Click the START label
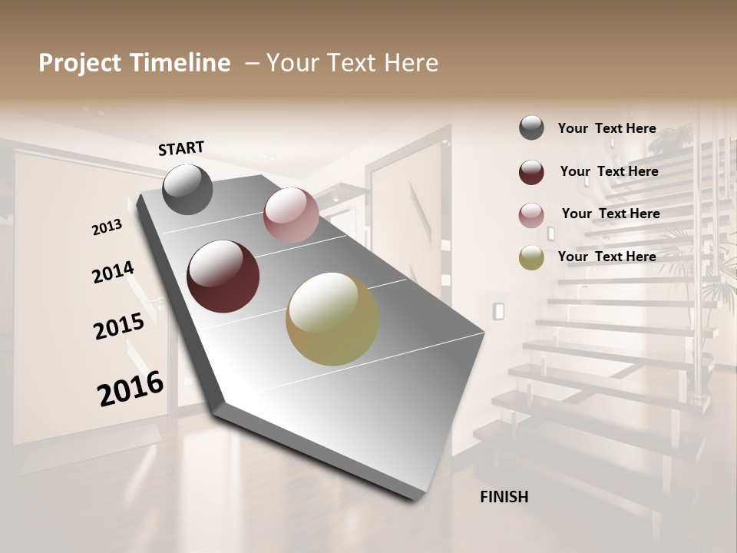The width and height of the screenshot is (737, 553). (x=181, y=148)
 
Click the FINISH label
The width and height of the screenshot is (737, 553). (x=504, y=497)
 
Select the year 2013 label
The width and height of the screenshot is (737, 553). (x=107, y=227)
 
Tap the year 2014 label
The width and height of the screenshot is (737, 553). (x=113, y=273)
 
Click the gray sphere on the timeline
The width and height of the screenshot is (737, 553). (x=187, y=189)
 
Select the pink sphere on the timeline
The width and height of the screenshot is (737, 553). (x=291, y=215)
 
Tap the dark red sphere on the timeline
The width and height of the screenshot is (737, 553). (x=223, y=276)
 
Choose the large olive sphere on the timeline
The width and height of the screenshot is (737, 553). (x=332, y=319)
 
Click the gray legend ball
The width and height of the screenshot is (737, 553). (x=531, y=128)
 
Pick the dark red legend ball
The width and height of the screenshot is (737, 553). (x=531, y=172)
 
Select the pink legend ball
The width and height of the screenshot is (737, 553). (x=531, y=215)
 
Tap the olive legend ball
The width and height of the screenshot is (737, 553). (x=531, y=257)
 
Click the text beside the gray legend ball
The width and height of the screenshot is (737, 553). (x=606, y=128)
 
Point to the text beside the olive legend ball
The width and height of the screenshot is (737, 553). (x=606, y=257)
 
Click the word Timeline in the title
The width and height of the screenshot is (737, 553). (x=180, y=63)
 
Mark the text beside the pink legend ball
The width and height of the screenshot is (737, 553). (x=610, y=214)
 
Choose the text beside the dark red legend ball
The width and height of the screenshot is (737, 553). (x=609, y=171)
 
